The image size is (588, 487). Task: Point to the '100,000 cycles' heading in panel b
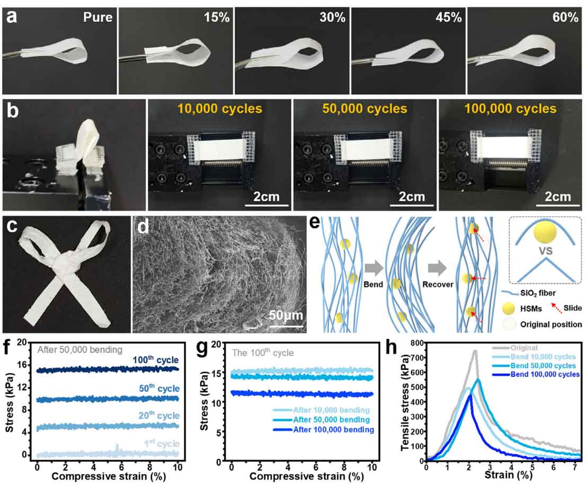(511, 109)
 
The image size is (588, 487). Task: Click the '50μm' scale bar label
(286, 315)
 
